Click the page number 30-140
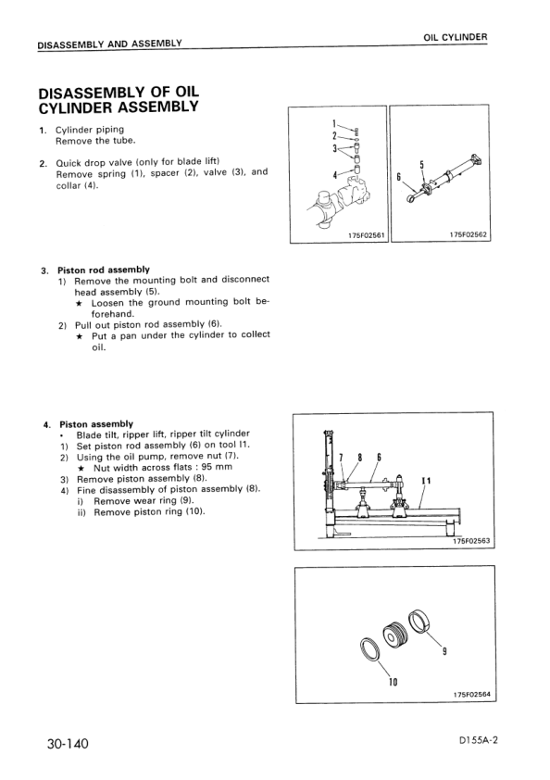69,743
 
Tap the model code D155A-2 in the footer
479,740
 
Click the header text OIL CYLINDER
456,37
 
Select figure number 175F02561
367,236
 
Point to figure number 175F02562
469,234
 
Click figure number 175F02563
471,542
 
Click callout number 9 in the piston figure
444,651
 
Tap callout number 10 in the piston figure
393,683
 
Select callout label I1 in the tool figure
426,481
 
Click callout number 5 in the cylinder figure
421,164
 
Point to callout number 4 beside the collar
334,174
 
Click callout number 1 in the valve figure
334,123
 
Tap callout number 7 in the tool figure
341,457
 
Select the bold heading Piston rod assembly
104,270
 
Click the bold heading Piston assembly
96,424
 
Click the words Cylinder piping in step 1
90,130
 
